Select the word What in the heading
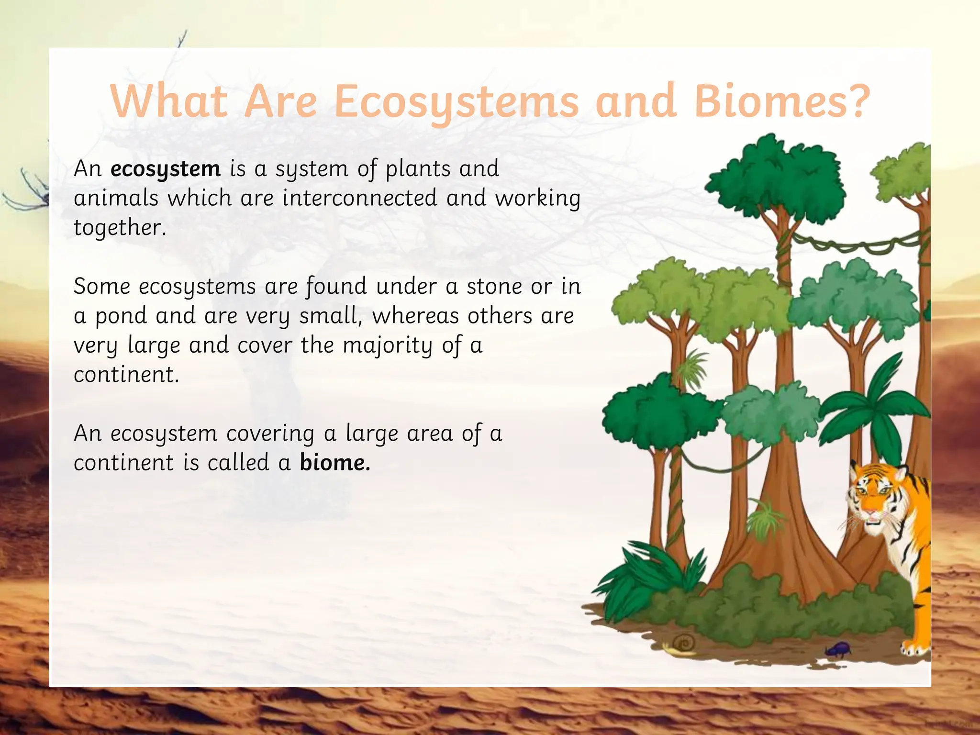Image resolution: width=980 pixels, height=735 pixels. (168, 101)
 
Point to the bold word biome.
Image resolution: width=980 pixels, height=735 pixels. (334, 463)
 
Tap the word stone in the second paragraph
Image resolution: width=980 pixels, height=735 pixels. (494, 287)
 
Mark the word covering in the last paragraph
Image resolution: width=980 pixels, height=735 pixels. (270, 434)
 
